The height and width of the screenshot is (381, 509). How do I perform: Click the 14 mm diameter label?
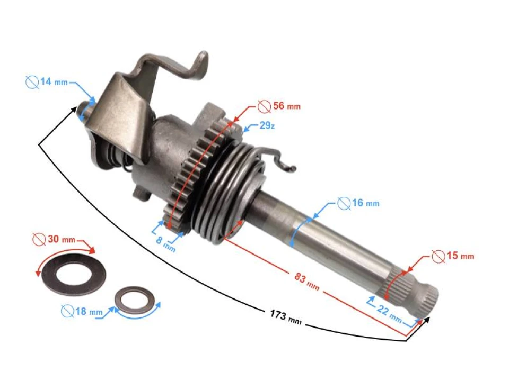pyautogui.click(x=47, y=82)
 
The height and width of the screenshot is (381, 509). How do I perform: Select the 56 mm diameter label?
pyautogui.click(x=279, y=106)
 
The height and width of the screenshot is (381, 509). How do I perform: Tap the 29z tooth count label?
pyautogui.click(x=267, y=126)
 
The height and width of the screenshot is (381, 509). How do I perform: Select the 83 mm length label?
pyautogui.click(x=307, y=280)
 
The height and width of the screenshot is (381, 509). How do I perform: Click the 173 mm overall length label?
pyautogui.click(x=286, y=318)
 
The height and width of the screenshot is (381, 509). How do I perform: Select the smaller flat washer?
pyautogui.click(x=135, y=300)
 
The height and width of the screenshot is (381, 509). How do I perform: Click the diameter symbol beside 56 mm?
pyautogui.click(x=264, y=106)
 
